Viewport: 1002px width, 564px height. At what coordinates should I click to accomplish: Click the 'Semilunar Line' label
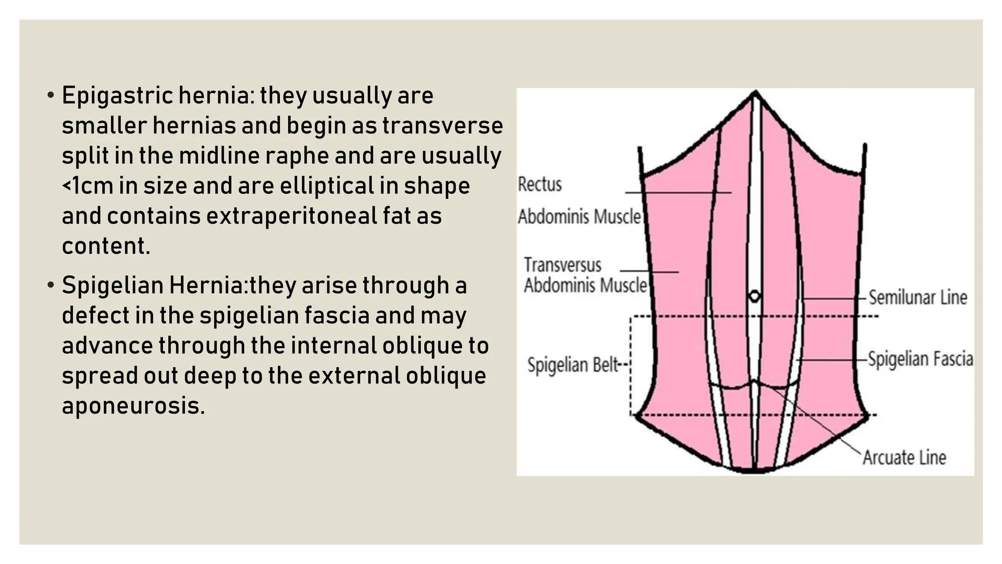click(x=918, y=298)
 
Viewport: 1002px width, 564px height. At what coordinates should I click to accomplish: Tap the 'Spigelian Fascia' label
click(x=920, y=359)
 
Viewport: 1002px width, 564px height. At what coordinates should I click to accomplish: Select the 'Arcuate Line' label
click(x=904, y=458)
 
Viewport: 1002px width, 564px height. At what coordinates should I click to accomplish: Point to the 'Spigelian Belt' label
click(x=572, y=365)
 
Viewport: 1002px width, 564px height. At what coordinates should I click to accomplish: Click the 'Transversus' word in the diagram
click(x=563, y=265)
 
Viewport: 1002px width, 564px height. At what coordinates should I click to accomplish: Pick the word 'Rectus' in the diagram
click(x=540, y=185)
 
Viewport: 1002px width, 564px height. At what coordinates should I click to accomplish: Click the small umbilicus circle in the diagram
click(x=754, y=296)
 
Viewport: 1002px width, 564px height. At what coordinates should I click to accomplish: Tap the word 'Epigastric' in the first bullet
click(x=117, y=96)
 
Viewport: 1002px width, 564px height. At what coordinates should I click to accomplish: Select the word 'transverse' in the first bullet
click(x=443, y=126)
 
